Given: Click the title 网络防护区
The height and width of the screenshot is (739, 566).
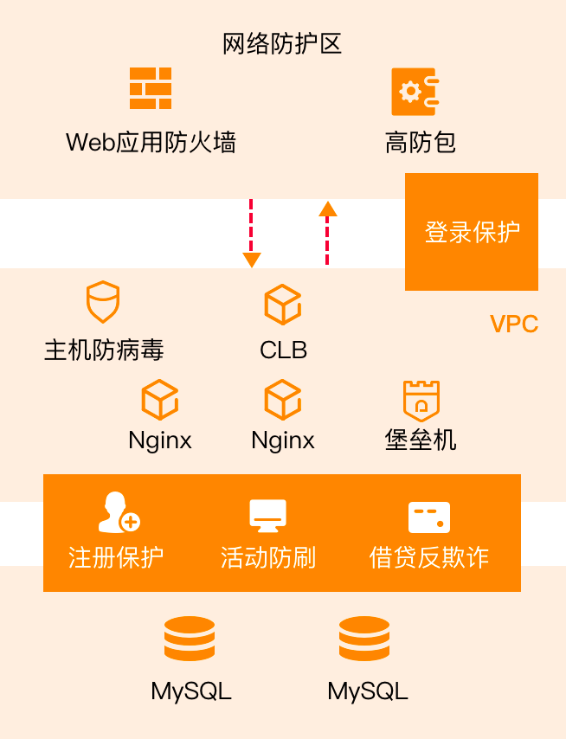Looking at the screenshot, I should coord(282,43).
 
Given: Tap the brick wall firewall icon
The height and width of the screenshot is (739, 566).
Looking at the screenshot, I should coord(151,88).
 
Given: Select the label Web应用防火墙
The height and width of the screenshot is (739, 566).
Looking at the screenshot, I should coord(151,142).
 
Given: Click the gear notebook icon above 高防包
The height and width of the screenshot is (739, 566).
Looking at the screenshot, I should coord(415,91).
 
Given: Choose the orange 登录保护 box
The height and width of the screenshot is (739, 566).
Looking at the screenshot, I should coord(472,232).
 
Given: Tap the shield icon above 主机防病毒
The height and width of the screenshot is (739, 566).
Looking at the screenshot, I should coord(103,302).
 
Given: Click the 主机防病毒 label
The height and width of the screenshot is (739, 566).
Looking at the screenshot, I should coord(104,350).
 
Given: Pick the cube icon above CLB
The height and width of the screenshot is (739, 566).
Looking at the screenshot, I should coord(282,304).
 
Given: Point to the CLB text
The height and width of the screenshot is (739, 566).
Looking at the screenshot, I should coord(283,350).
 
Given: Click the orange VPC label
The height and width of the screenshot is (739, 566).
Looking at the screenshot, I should coord(514,325).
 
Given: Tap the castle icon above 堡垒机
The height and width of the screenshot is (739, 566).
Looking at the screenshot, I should coord(421,401).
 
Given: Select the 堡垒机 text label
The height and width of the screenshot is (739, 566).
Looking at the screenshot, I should coord(421,440).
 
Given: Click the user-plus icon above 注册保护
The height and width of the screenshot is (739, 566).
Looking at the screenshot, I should coord(118,512).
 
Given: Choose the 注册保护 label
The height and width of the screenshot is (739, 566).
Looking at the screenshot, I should coord(116,557).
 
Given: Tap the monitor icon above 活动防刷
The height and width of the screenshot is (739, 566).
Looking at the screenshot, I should coord(267,515).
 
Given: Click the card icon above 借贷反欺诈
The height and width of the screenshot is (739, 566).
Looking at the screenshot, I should coord(429,517).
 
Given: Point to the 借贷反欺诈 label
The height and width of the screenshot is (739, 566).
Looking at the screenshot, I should coord(429,557).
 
